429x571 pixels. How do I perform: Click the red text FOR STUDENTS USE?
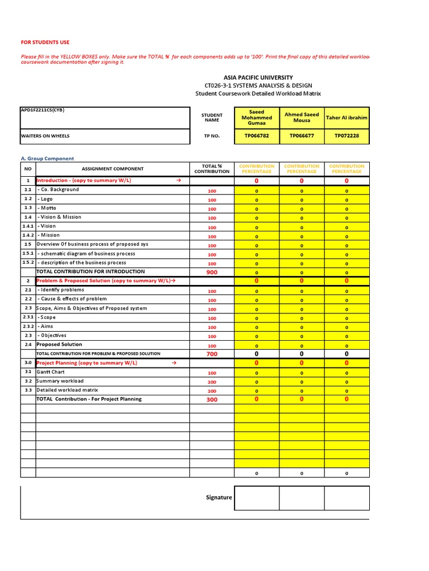point(45,42)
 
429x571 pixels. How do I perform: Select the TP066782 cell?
point(256,136)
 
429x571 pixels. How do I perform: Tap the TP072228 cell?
point(346,136)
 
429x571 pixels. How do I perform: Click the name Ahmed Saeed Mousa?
point(302,118)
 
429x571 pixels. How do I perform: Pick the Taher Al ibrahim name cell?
point(346,118)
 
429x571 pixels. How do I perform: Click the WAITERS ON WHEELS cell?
point(45,136)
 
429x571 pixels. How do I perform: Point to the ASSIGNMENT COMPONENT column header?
point(112,168)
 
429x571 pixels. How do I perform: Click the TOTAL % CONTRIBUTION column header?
point(212,168)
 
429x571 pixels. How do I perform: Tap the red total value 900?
point(212,272)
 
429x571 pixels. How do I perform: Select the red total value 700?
point(212,354)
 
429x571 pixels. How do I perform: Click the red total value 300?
point(212,400)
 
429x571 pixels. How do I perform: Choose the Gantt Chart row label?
point(51,372)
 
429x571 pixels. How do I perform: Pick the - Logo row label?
point(45,199)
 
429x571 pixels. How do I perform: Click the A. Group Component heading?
point(47,158)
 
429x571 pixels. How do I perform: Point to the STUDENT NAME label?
point(212,118)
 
